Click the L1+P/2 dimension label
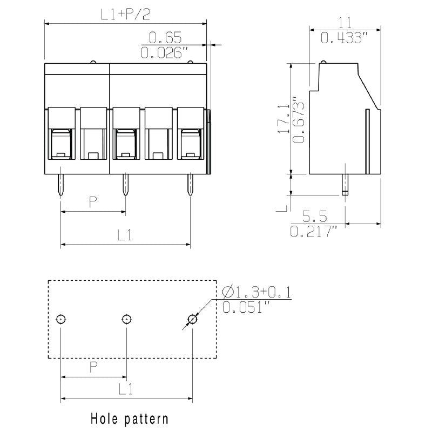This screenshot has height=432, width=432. coord(125,15)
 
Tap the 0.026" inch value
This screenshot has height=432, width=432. coord(164,53)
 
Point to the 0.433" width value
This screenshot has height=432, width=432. coord(345,38)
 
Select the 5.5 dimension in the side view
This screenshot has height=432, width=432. coord(314,217)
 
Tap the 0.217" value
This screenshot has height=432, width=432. coord(314,232)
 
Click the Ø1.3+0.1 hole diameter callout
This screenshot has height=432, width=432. coord(256,292)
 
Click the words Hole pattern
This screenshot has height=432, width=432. coord(129,418)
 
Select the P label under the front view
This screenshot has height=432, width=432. coord(93,202)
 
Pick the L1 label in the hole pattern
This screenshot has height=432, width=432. coord(125,389)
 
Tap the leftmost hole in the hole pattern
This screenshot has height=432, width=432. coord(61,319)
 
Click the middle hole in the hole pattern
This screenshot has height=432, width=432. coord(126,319)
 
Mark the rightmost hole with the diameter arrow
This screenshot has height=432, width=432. coord(192,319)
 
